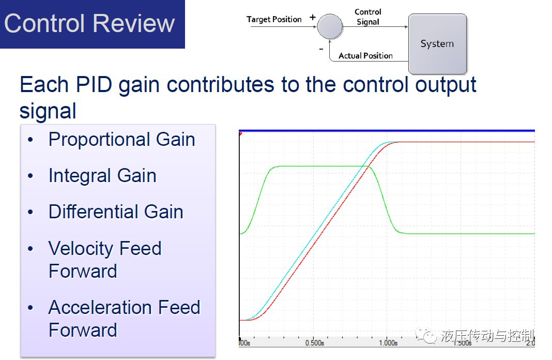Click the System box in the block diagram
438,43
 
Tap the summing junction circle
330,26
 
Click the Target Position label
274,19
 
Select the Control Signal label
368,17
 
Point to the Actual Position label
365,56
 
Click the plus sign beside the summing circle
312,17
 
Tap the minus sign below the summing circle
321,49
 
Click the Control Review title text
89,24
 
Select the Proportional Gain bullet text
122,139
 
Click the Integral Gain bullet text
102,175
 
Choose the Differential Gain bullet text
116,212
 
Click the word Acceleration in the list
100,307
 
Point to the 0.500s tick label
315,343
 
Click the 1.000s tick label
388,343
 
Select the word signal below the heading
48,111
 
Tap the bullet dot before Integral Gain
30,175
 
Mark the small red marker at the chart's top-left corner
240,133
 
